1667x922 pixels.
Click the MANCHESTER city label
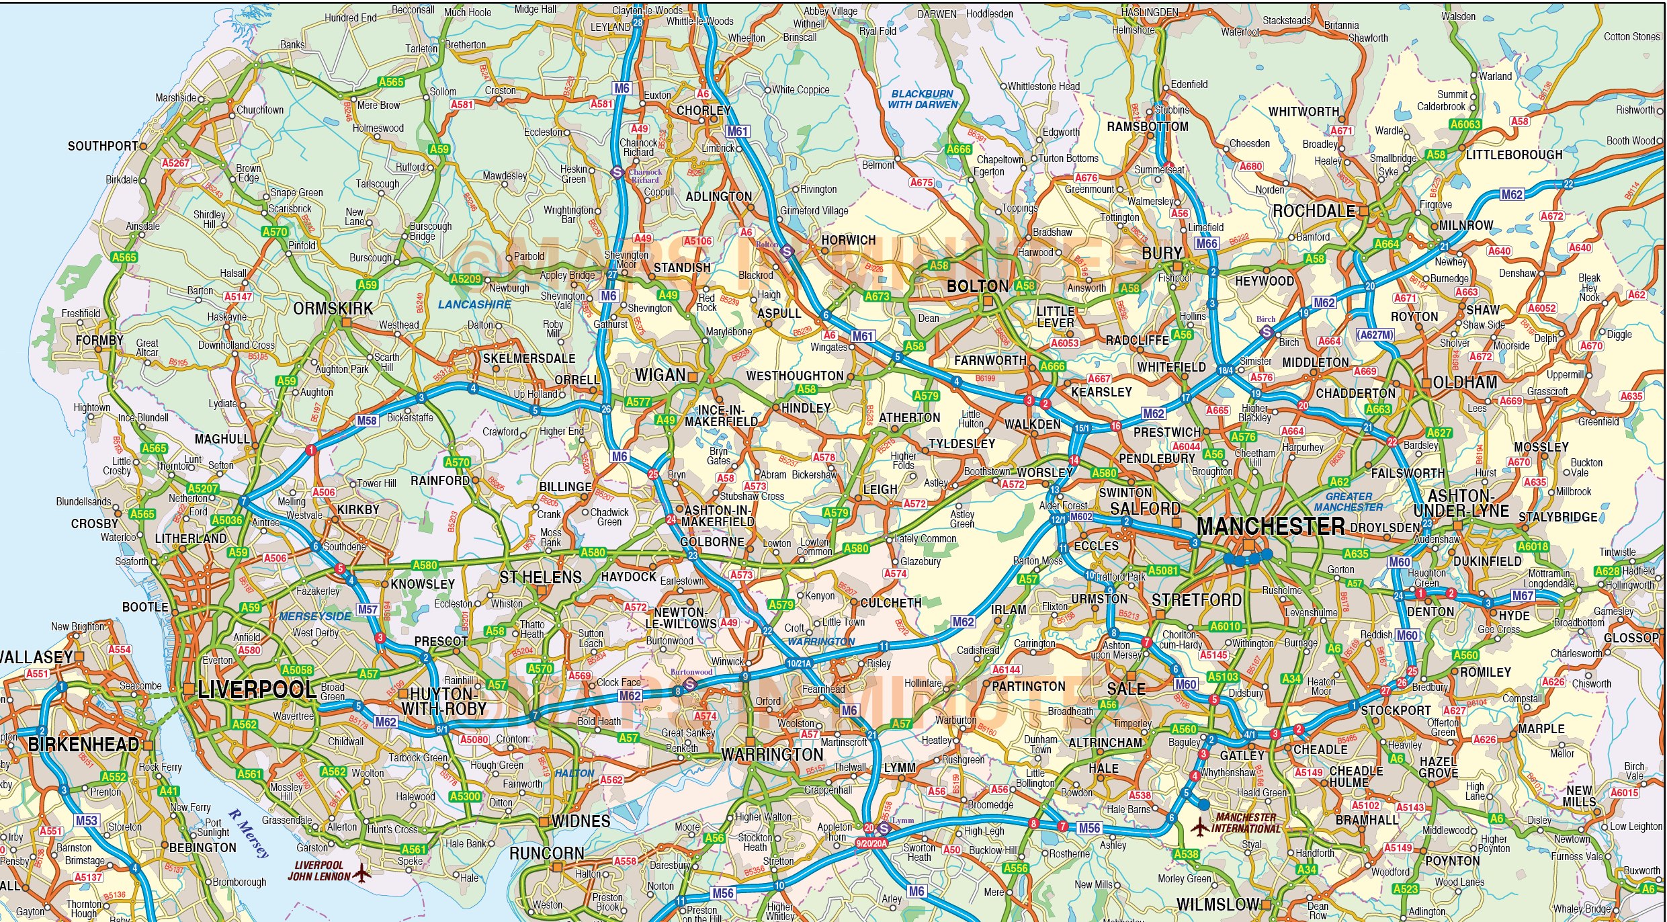(x=1271, y=526)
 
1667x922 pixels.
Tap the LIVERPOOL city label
(x=257, y=690)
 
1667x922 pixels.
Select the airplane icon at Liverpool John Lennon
(x=361, y=874)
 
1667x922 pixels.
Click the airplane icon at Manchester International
(x=1200, y=827)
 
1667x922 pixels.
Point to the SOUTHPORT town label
(x=102, y=146)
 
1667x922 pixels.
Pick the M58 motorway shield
(x=367, y=421)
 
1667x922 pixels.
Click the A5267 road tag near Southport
(x=176, y=163)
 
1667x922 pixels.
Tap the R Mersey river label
(x=249, y=833)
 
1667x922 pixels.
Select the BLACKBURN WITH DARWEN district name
(x=923, y=99)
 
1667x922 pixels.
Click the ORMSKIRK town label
(x=333, y=308)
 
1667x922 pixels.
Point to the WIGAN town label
(x=660, y=375)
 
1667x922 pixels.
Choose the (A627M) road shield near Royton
(x=1375, y=335)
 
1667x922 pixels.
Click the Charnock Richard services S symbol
(x=617, y=173)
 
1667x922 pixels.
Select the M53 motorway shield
(x=87, y=820)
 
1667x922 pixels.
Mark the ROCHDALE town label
(x=1314, y=211)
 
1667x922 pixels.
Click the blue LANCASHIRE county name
(x=474, y=304)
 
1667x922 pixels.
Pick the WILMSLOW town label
(x=1217, y=905)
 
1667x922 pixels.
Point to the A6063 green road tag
(x=1465, y=124)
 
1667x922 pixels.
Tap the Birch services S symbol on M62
(x=1267, y=332)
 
